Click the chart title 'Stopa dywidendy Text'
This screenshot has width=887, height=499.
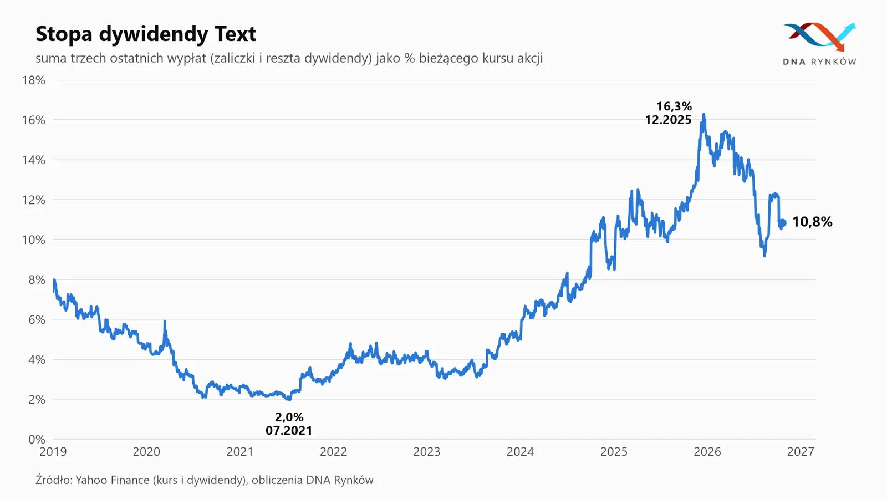point(146,34)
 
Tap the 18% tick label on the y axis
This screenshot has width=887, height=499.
point(34,80)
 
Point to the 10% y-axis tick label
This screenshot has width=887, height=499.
point(34,240)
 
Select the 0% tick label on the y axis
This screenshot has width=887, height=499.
point(37,439)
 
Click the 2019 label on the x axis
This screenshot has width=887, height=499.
point(53,452)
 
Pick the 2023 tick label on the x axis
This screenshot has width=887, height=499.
point(427,452)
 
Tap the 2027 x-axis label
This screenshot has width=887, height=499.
point(801,452)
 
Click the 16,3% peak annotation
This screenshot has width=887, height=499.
point(674,106)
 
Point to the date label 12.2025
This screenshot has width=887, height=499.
point(669,120)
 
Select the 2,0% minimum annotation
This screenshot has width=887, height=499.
point(289,417)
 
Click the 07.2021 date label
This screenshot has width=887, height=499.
point(289,430)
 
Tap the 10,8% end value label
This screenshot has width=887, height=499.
point(812,222)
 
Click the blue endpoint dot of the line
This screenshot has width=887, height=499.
point(782,223)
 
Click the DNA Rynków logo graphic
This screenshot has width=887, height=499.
point(820,37)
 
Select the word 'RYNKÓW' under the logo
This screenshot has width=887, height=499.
point(833,62)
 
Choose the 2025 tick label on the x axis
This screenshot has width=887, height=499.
point(614,452)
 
